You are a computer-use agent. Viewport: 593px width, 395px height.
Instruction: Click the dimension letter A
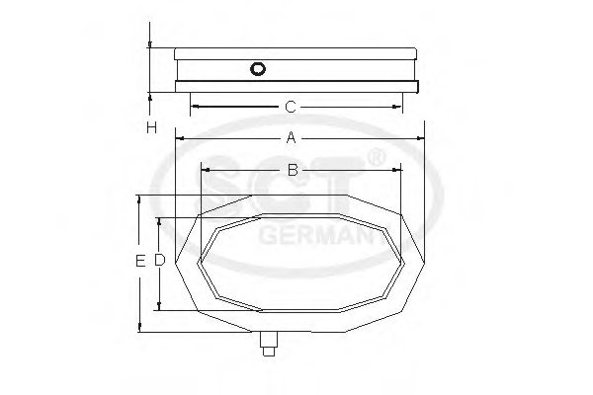tap(291, 138)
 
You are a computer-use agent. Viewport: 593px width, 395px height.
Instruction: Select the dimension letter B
tap(293, 170)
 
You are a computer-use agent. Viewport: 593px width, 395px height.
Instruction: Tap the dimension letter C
tap(291, 106)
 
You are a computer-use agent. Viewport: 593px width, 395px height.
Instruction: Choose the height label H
tap(150, 127)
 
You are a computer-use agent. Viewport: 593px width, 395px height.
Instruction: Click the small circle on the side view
tap(259, 69)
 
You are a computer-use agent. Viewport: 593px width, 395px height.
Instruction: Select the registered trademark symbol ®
tap(377, 157)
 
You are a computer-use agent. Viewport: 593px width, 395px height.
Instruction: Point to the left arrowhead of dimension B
tap(204, 170)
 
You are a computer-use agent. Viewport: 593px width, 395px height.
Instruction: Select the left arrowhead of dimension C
tap(194, 106)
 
